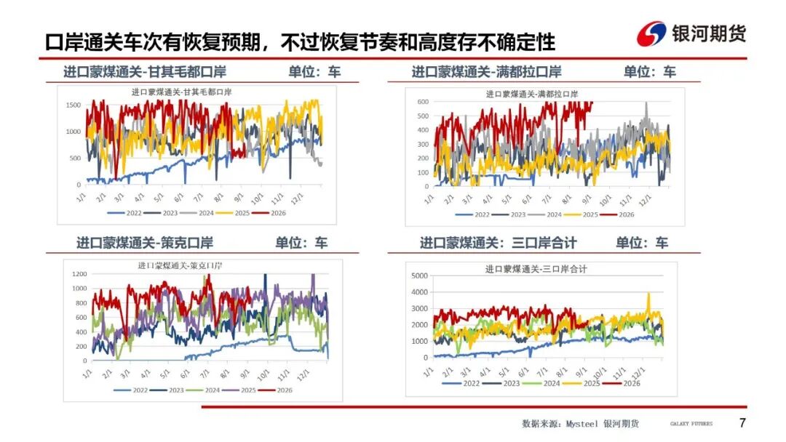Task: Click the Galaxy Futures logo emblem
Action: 651,34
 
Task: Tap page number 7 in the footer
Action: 742,423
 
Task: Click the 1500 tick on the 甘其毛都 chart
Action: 74,105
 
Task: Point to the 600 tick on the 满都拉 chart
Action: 423,102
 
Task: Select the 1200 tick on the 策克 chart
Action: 79,274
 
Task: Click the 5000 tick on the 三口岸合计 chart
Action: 420,276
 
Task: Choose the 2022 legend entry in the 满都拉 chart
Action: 472,214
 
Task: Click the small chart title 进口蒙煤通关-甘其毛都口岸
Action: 181,92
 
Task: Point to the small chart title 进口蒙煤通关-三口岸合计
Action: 536,269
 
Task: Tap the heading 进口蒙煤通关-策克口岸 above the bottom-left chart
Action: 145,244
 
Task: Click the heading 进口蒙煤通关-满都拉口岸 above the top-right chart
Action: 487,72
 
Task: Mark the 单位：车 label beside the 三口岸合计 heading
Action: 642,244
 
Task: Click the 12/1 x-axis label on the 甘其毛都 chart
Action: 297,198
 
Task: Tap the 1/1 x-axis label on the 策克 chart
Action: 87,374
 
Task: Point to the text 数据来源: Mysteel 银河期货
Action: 581,424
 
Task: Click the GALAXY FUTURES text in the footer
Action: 691,424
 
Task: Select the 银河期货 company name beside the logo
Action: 709,34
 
